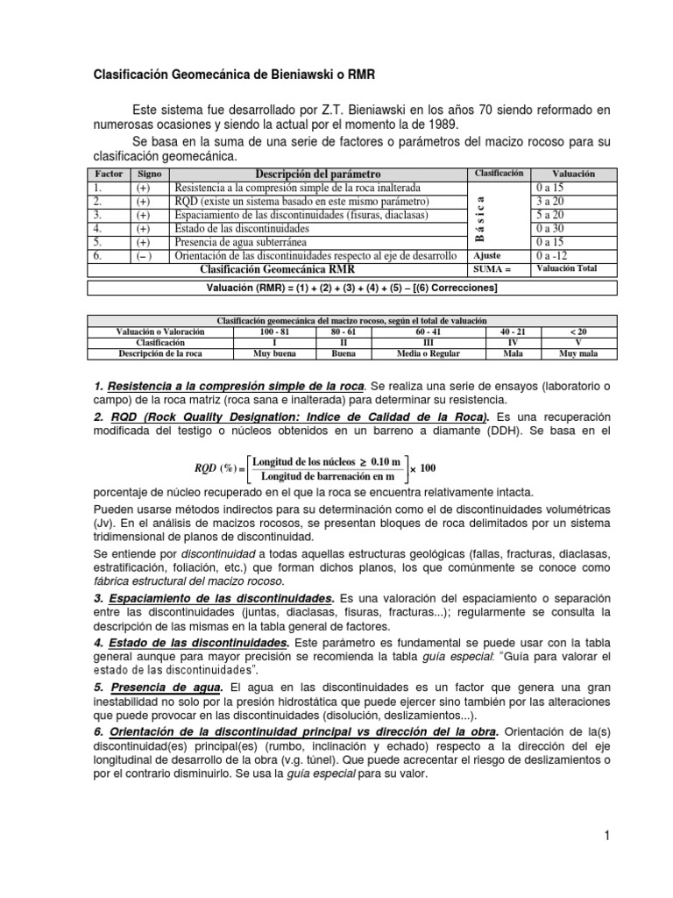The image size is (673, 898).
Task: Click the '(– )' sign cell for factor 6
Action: click(145, 256)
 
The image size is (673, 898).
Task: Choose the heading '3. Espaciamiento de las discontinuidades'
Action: click(216, 597)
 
